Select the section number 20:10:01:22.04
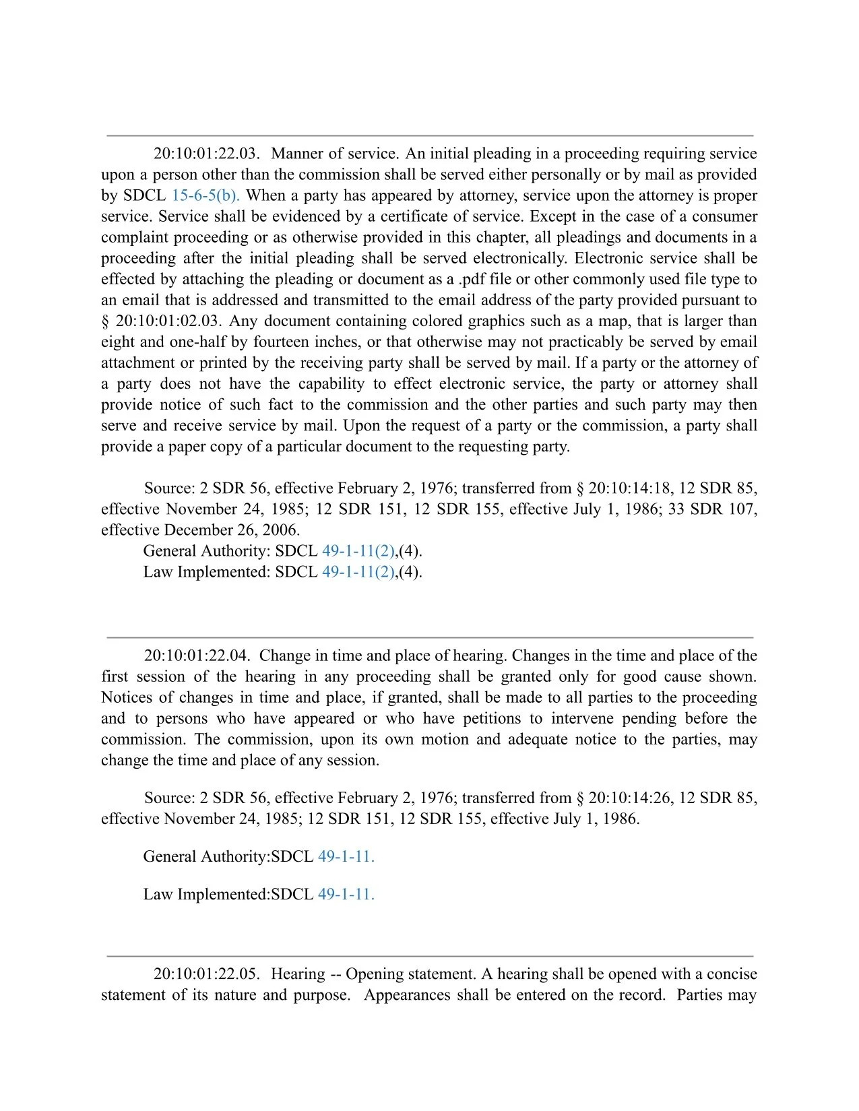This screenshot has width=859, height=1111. (197, 656)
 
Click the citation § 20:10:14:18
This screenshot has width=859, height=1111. (623, 488)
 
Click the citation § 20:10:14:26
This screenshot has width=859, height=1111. (623, 798)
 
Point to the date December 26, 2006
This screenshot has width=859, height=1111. (232, 530)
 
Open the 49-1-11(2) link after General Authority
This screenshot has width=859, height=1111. (358, 550)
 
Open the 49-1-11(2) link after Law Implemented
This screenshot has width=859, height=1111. (358, 571)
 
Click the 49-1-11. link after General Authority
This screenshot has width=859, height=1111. (346, 856)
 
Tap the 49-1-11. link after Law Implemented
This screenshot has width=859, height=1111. (346, 894)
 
